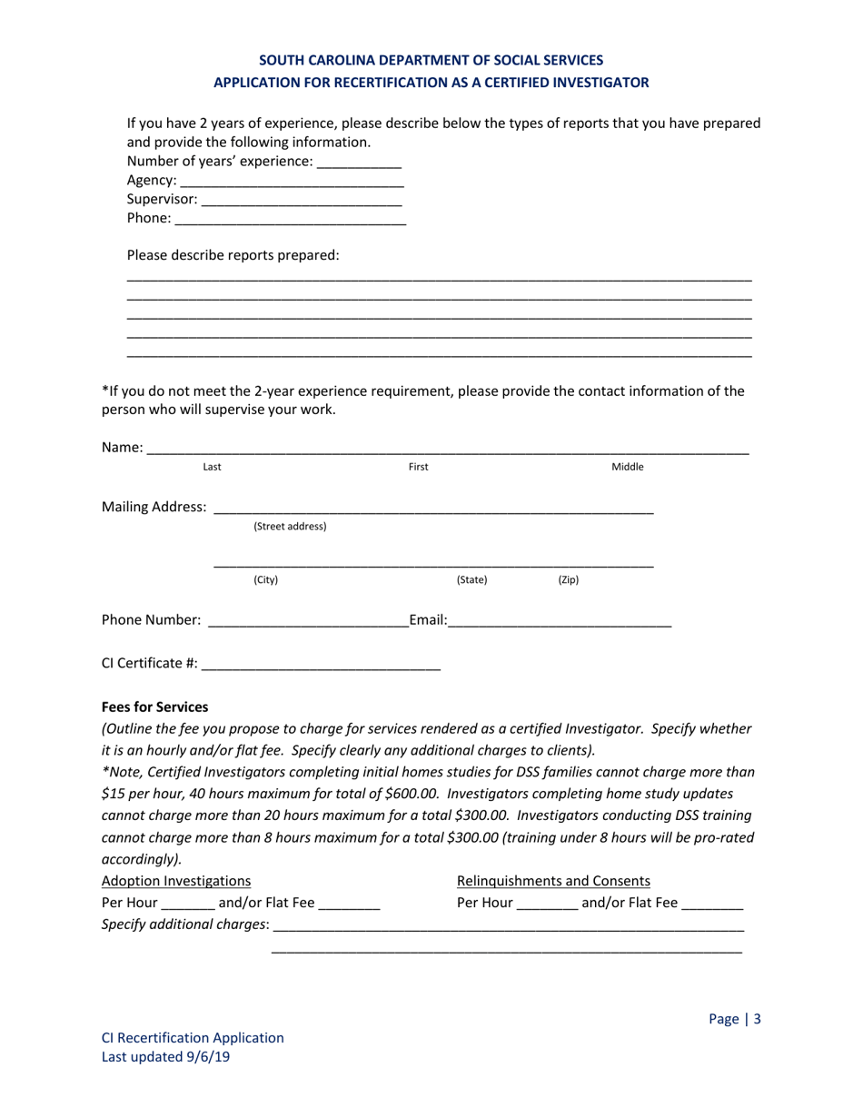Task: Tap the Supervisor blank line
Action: [x=301, y=201]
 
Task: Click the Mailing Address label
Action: [x=154, y=507]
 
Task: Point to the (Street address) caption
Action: [x=290, y=527]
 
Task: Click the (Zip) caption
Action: [x=568, y=579]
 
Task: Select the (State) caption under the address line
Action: [x=471, y=579]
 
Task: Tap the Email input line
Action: [x=560, y=620]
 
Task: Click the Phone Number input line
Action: [x=308, y=620]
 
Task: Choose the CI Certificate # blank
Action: [x=321, y=664]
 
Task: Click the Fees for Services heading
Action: [x=154, y=707]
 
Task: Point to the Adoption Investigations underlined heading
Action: [x=176, y=880]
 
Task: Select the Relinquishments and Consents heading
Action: [x=553, y=880]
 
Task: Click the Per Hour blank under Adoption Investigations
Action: [x=188, y=904]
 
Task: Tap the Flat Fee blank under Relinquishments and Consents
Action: [x=712, y=904]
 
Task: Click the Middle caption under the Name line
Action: [x=627, y=467]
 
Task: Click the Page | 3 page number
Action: [x=734, y=1019]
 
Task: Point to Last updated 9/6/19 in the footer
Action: [x=165, y=1057]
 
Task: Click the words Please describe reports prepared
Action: [x=233, y=255]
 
